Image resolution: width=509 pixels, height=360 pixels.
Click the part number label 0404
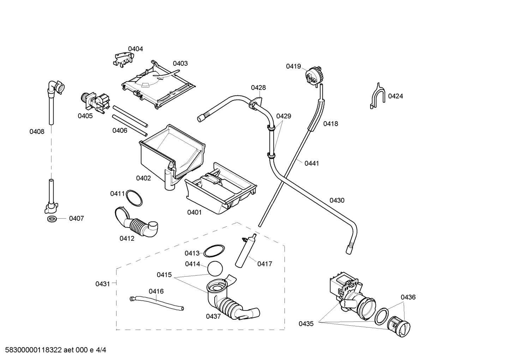[x=135, y=49]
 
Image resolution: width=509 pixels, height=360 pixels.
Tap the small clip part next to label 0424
[x=377, y=96]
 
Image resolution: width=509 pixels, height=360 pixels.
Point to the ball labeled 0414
[x=215, y=268]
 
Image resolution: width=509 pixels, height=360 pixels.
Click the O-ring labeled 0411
[x=134, y=198]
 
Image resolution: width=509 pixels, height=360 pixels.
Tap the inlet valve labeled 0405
[x=95, y=103]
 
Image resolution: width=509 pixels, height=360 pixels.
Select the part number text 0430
[x=337, y=201]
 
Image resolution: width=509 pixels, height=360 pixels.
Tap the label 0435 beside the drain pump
[x=306, y=324]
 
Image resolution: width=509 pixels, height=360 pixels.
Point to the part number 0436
[x=408, y=297]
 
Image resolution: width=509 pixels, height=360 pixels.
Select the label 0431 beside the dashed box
[x=103, y=284]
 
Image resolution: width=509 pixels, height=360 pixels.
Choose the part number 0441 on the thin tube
[x=311, y=163]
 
